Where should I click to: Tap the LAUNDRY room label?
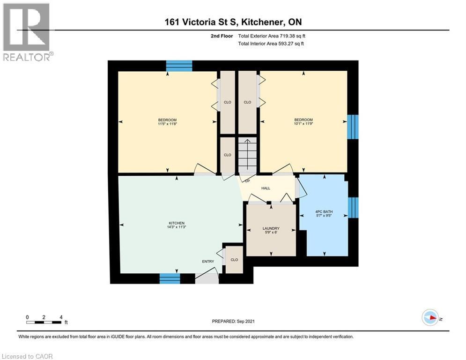[271, 228]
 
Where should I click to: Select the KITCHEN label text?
[177, 223]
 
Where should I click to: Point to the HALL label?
[266, 188]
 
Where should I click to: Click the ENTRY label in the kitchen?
[208, 262]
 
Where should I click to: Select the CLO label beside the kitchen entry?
[234, 260]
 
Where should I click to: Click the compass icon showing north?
[430, 318]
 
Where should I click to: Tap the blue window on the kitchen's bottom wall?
[170, 278]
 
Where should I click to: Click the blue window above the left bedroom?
[179, 66]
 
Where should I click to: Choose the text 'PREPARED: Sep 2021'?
[233, 321]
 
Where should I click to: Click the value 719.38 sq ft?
[293, 36]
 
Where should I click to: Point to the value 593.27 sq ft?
[292, 44]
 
